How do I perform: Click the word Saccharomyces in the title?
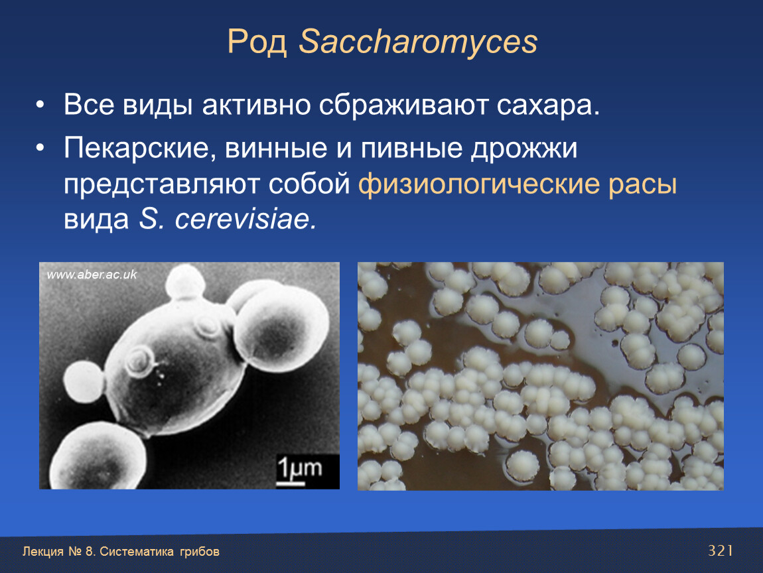tap(418, 42)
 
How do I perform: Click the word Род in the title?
tap(257, 42)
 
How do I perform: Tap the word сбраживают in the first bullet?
tap(403, 105)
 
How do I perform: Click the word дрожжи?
tap(524, 149)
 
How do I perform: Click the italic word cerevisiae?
tap(245, 219)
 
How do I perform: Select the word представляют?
tap(161, 185)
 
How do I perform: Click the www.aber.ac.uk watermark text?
tap(92, 275)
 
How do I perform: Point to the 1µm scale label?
tap(299, 468)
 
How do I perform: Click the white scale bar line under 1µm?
tap(291, 483)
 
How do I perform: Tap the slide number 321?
tap(720, 550)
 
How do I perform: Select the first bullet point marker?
tap(40, 105)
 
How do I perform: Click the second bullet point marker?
tap(40, 149)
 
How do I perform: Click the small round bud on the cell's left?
tap(84, 381)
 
